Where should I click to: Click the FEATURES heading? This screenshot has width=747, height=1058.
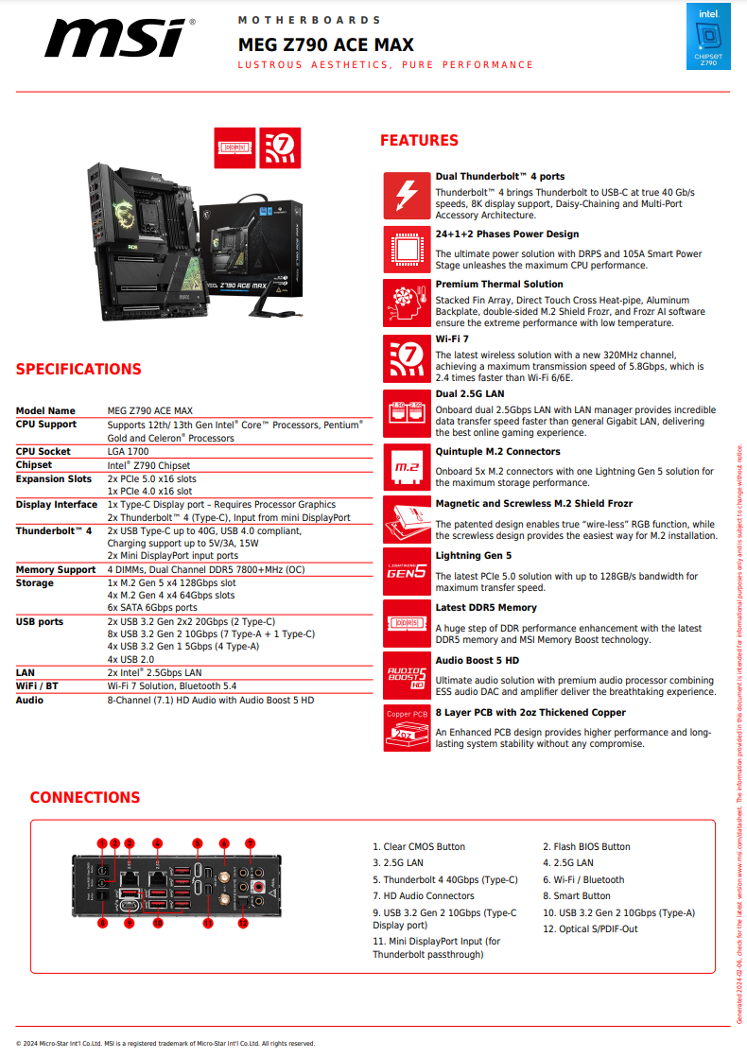[x=419, y=141]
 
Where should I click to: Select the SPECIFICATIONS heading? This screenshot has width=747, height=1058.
[x=78, y=370]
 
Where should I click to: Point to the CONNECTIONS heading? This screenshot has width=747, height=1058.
[x=85, y=798]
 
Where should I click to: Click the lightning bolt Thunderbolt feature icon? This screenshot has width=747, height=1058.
[x=407, y=195]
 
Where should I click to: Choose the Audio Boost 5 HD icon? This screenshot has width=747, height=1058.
[x=407, y=675]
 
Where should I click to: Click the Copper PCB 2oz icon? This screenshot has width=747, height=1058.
[x=407, y=728]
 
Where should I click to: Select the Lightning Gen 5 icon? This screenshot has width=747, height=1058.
[x=407, y=571]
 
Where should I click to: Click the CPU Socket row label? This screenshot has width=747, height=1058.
[x=43, y=452]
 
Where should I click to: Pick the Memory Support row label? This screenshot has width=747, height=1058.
[x=56, y=570]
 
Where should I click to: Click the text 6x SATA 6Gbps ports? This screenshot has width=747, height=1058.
[x=152, y=607]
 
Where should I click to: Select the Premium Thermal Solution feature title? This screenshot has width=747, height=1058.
[x=499, y=284]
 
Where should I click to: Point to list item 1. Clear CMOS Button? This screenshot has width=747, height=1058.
[x=419, y=847]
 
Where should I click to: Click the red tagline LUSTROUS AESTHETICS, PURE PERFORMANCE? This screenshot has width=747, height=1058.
[x=386, y=65]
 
